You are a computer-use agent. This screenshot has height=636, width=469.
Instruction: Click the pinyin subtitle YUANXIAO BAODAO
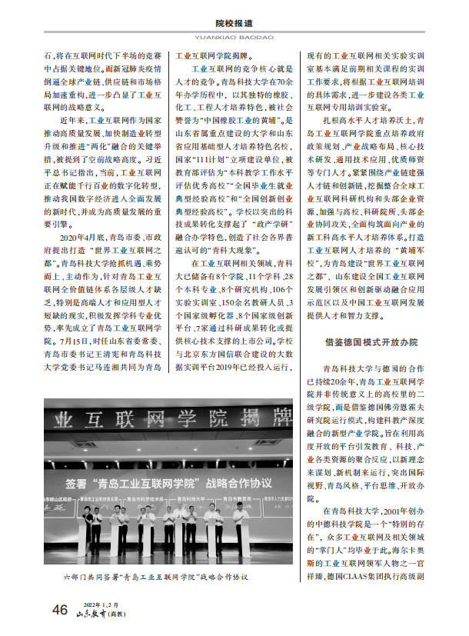coord(234,36)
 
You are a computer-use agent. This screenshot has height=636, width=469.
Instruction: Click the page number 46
coord(60,610)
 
